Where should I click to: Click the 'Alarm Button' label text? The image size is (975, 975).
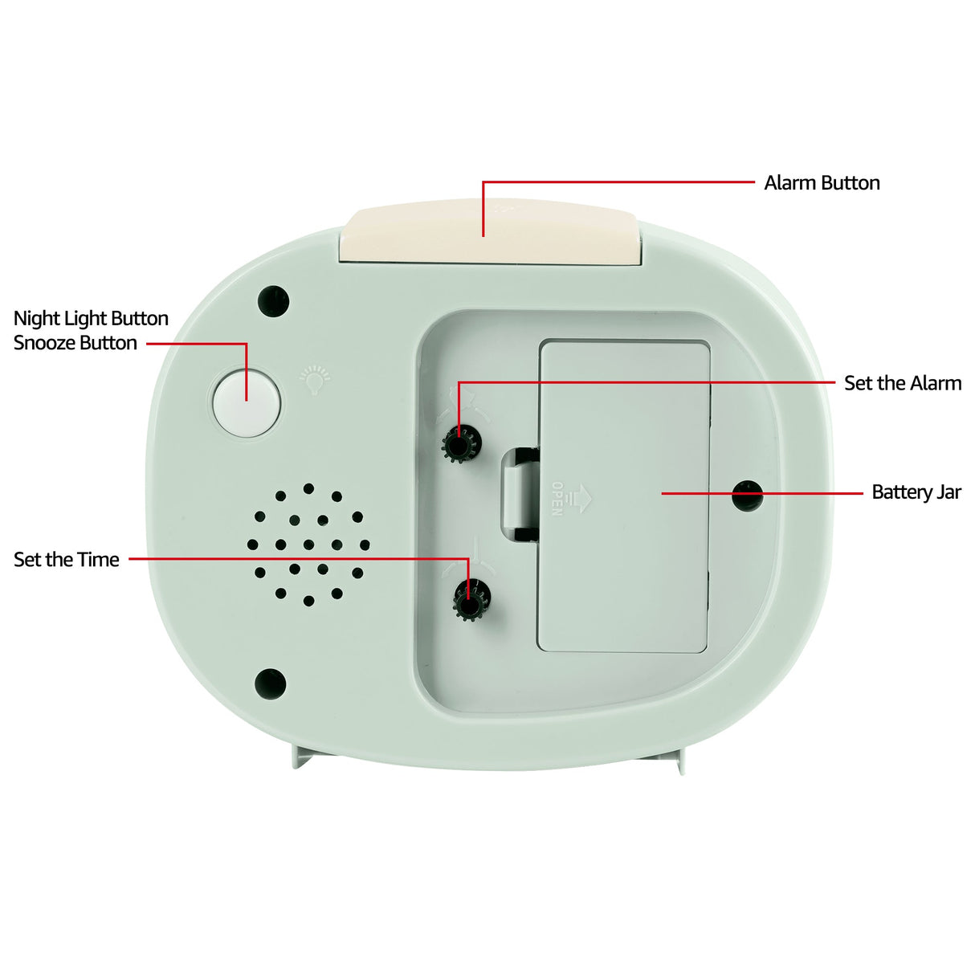pyautogui.click(x=822, y=183)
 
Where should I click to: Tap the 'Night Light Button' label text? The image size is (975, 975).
pyautogui.click(x=91, y=319)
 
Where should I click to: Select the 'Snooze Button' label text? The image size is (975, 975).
pyautogui.click(x=75, y=343)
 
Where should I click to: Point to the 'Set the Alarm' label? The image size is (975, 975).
pyautogui.click(x=902, y=383)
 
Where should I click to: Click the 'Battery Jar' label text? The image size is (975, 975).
pyautogui.click(x=916, y=492)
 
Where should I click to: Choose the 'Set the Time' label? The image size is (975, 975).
pyautogui.click(x=67, y=560)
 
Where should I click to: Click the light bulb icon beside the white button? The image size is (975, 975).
pyautogui.click(x=315, y=379)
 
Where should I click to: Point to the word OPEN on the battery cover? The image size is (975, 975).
pyautogui.click(x=557, y=499)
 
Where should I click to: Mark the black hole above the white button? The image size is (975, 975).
pyautogui.click(x=273, y=300)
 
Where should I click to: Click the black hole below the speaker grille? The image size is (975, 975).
pyautogui.click(x=270, y=683)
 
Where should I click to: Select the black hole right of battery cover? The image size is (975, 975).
pyautogui.click(x=748, y=496)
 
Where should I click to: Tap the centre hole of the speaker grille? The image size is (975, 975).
pyautogui.click(x=308, y=545)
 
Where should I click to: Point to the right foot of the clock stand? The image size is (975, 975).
pyautogui.click(x=679, y=763)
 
